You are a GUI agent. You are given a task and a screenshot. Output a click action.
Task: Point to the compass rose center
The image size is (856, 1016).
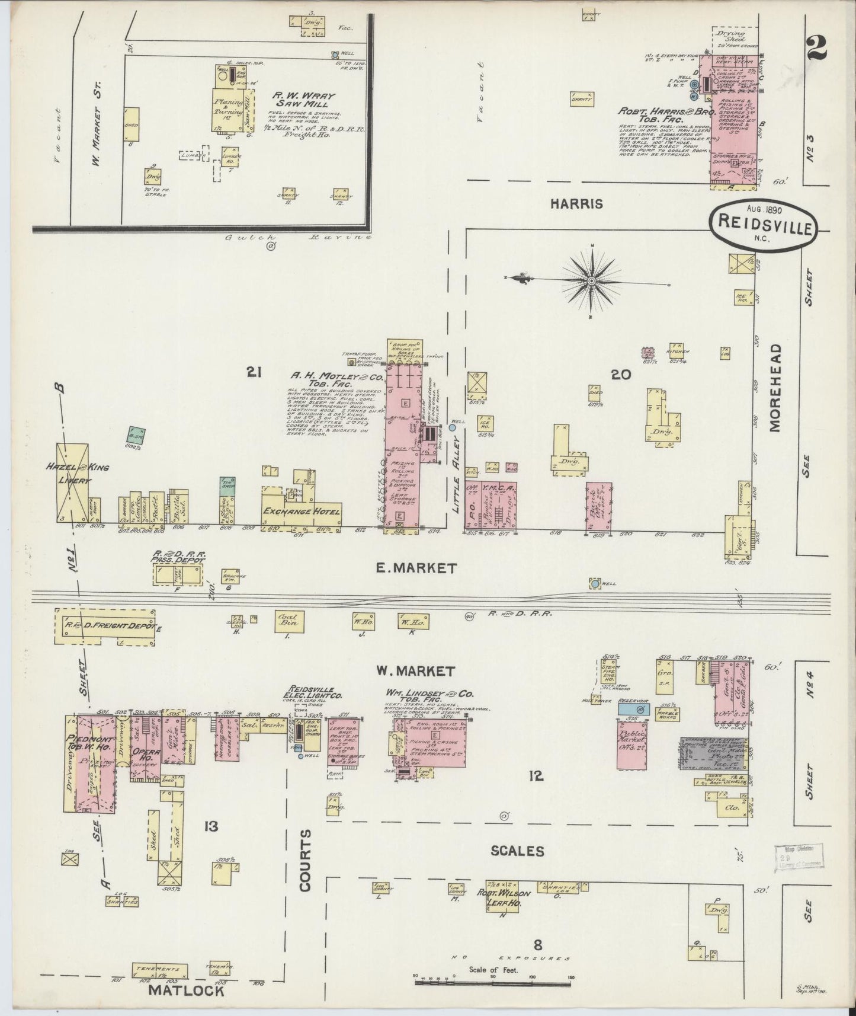592,279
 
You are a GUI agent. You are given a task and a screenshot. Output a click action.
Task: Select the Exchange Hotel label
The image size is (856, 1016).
302,512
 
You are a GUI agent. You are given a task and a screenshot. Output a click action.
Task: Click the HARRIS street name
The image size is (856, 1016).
576,204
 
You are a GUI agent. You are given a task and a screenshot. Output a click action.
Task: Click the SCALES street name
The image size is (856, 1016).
517,851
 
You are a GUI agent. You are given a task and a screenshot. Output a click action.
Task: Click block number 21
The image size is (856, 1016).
255,372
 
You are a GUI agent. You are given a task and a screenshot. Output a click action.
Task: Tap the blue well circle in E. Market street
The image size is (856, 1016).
594,584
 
